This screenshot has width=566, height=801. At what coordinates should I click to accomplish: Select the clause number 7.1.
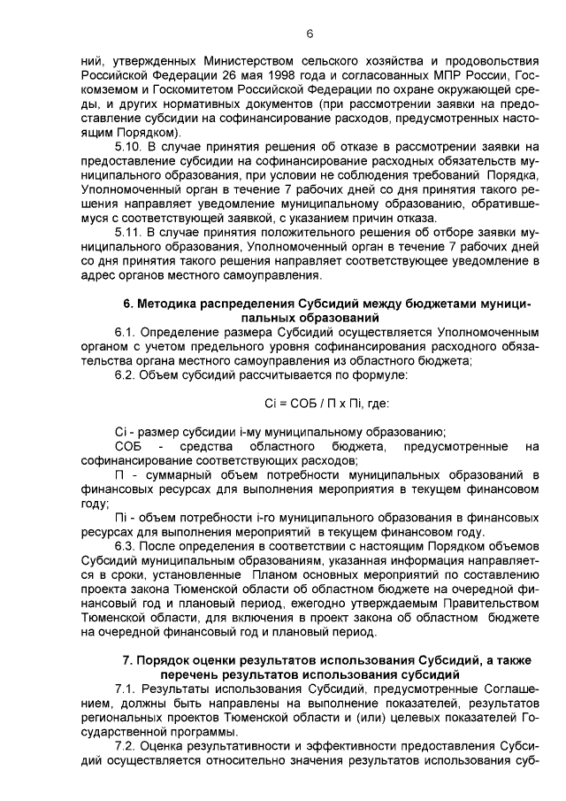click(x=125, y=689)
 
